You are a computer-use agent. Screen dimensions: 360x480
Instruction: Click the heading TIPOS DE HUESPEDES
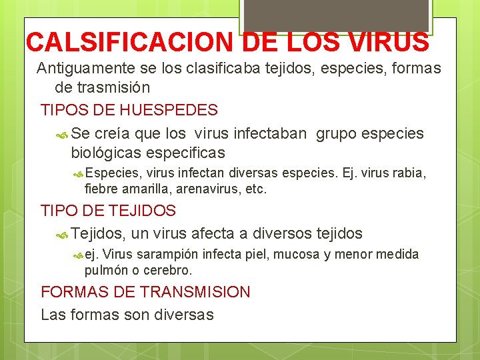[129, 109]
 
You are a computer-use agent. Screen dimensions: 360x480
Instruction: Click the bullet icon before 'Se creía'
[63, 134]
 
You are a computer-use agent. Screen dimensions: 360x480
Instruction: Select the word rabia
[409, 173]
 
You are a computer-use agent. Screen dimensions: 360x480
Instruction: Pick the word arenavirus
[201, 189]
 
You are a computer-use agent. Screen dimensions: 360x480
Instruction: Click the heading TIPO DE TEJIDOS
[108, 211]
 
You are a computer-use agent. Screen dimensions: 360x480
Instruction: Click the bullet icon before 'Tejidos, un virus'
[63, 235]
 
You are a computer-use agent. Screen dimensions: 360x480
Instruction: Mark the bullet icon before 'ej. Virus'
[78, 255]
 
